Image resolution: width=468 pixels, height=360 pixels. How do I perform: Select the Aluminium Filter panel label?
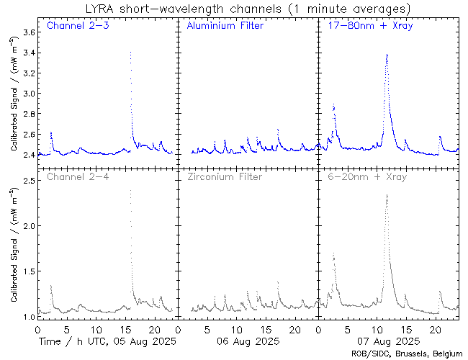click(x=225, y=26)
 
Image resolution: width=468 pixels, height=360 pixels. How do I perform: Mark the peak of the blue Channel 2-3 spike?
click(x=130, y=52)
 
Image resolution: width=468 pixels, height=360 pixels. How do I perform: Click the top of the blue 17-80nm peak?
click(x=387, y=55)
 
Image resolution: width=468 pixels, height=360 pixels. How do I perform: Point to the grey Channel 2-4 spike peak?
click(x=130, y=190)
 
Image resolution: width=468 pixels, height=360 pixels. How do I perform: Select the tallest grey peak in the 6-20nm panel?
click(x=387, y=194)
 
